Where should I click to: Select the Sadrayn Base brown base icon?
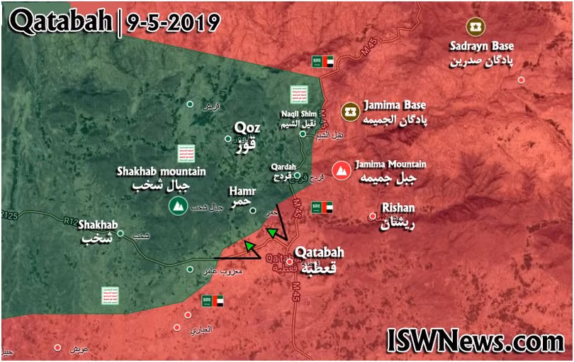point(473,27)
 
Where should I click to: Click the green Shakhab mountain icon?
point(177,206)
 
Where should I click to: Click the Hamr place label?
point(242,197)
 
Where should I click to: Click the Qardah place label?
point(283,172)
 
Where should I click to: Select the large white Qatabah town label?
point(319,259)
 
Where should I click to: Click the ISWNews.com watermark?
point(475,342)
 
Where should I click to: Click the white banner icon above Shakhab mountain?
point(184,152)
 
